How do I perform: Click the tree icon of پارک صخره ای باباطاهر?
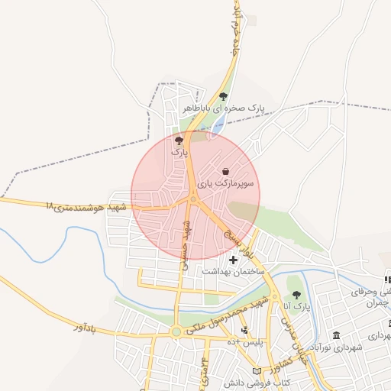tap(223, 96)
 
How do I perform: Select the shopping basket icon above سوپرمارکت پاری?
tap(225, 171)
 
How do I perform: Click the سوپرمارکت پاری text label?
tap(226, 184)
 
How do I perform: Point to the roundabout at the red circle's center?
tap(194, 200)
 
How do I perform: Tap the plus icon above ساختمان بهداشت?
tap(233, 260)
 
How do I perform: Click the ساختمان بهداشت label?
tap(233, 272)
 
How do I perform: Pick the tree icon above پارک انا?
tap(296, 295)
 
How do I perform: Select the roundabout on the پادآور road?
tap(177, 331)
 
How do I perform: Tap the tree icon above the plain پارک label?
tap(179, 141)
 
